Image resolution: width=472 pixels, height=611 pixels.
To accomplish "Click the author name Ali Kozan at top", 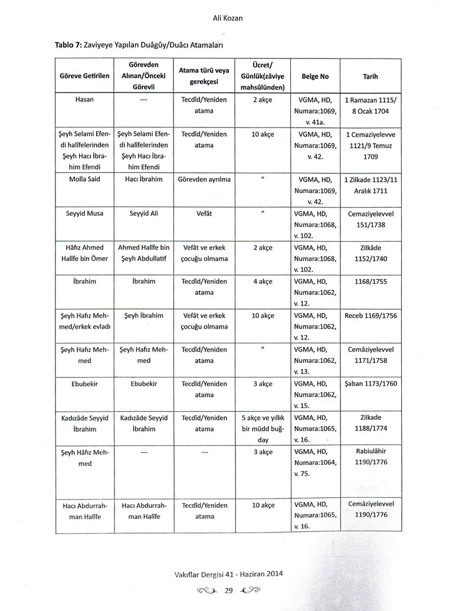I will click(x=228, y=18).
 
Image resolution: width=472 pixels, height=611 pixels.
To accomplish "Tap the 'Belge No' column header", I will click(x=315, y=77).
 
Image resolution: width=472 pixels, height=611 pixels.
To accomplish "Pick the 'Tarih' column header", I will click(x=371, y=77).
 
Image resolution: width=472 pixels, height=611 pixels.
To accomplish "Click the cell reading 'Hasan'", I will click(x=85, y=100).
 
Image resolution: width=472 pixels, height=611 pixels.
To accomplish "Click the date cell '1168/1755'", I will click(x=371, y=281).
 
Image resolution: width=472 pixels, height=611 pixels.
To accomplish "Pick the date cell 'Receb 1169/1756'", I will click(x=371, y=316).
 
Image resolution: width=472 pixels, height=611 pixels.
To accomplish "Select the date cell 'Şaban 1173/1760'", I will click(x=371, y=383).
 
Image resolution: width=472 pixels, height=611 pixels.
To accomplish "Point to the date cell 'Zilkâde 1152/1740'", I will click(x=371, y=253).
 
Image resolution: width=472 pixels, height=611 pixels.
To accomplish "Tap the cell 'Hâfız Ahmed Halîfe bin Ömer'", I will click(x=85, y=253).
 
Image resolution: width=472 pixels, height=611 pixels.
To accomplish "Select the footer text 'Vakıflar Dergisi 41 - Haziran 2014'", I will click(x=228, y=573).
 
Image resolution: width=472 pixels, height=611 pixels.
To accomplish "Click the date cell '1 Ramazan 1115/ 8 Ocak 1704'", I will click(x=371, y=105).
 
